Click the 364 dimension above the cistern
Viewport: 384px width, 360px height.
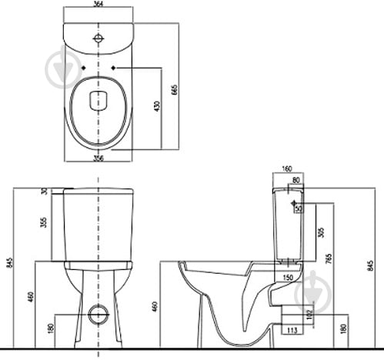(x=99, y=4)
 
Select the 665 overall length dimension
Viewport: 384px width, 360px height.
(x=175, y=90)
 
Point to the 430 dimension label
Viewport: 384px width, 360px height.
(x=157, y=106)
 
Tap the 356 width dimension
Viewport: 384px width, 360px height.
(x=98, y=158)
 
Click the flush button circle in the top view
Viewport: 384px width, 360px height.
(x=99, y=38)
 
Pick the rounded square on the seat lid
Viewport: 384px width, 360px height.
(x=99, y=101)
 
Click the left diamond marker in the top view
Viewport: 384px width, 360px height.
(x=83, y=68)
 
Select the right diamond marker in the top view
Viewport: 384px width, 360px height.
(x=113, y=68)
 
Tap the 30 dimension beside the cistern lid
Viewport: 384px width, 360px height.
(x=45, y=191)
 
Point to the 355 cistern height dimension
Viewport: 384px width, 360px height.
(x=45, y=222)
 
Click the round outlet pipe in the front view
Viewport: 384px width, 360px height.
(x=99, y=315)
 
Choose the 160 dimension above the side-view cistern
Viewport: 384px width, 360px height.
(x=287, y=169)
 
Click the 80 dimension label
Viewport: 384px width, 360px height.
(x=296, y=180)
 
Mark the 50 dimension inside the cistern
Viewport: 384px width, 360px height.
(x=299, y=208)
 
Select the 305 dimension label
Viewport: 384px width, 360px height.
(x=321, y=232)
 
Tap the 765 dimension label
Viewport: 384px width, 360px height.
(x=329, y=258)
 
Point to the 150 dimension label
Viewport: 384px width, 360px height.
(x=288, y=278)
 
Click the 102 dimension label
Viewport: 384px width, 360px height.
(x=309, y=315)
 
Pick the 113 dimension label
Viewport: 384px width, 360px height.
(x=292, y=331)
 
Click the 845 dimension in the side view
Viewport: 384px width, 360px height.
(x=370, y=266)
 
